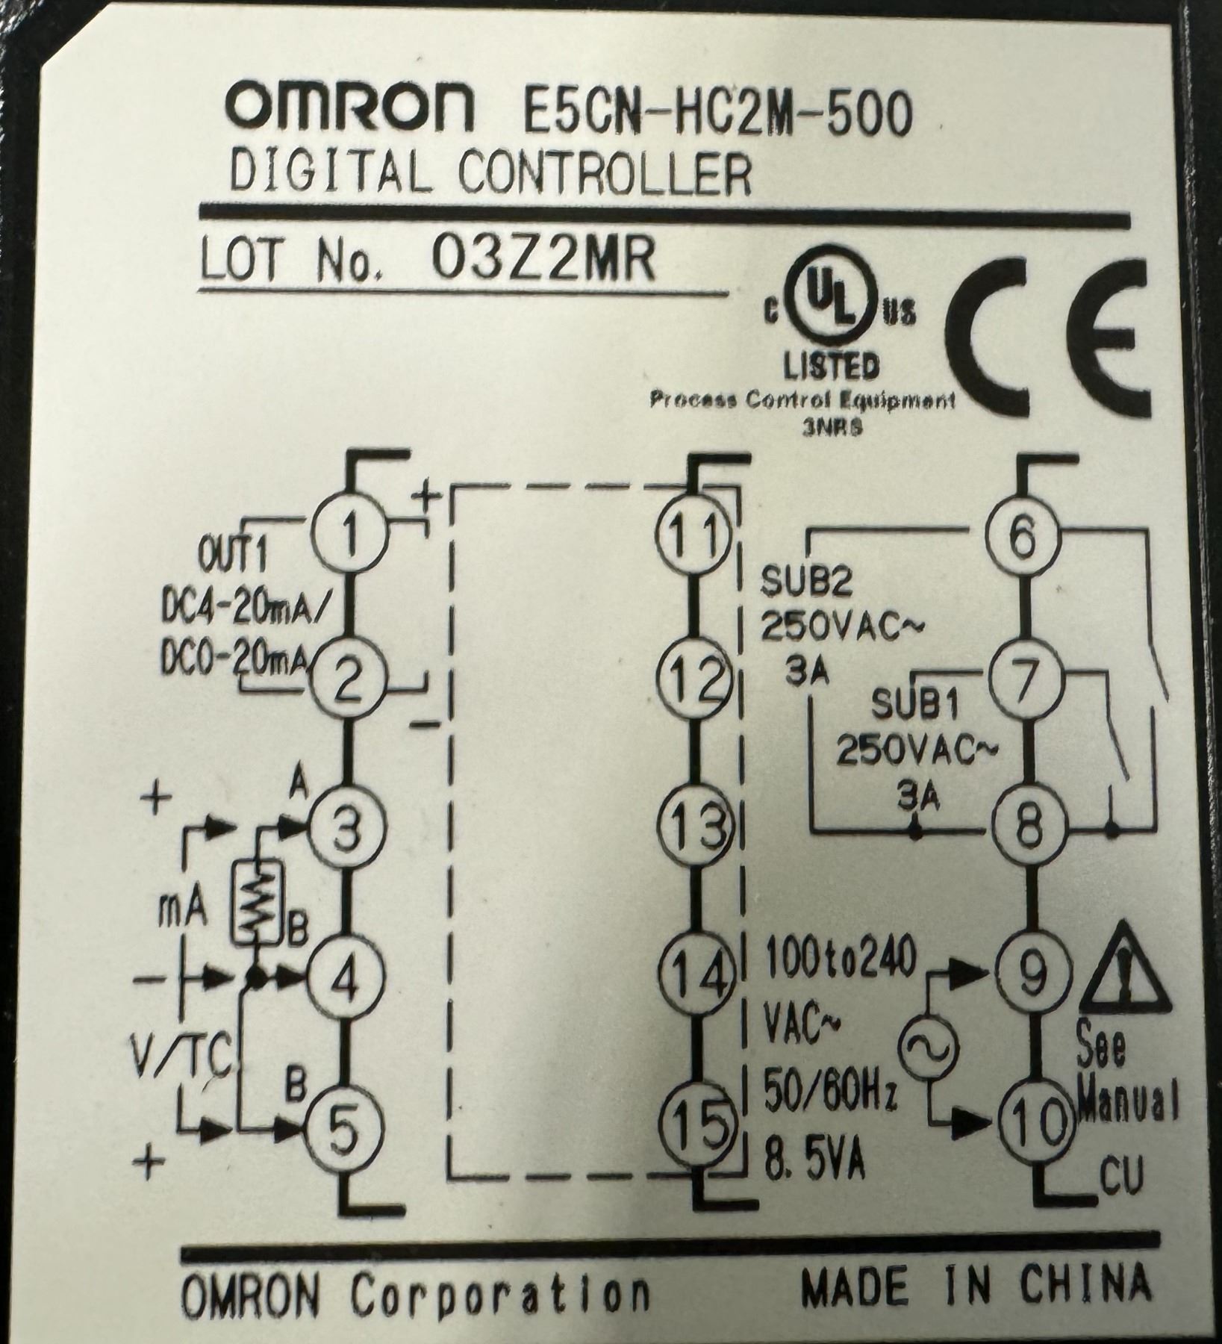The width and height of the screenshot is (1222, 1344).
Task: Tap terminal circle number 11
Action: click(695, 532)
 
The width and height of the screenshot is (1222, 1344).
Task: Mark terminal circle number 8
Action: click(1026, 827)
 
